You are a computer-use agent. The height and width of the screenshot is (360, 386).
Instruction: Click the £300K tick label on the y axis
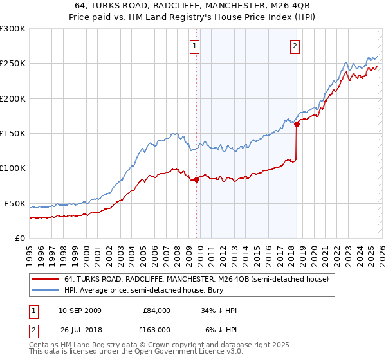coord(13,29)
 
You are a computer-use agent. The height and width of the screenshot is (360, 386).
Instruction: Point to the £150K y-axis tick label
coord(13,134)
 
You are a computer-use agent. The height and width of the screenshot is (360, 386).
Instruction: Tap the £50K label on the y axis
coord(15,203)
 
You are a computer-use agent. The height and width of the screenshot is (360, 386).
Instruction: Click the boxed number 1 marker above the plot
coord(194,46)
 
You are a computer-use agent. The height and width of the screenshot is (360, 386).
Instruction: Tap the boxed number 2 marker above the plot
coord(295,46)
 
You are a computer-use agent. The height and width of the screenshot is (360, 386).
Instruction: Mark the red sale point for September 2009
coord(196,180)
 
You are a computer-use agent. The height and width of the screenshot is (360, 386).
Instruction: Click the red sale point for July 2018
coord(297,125)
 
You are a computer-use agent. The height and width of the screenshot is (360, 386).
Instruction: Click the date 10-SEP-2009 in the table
coord(84,310)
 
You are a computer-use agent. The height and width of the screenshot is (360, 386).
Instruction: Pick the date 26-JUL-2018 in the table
coord(84,329)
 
